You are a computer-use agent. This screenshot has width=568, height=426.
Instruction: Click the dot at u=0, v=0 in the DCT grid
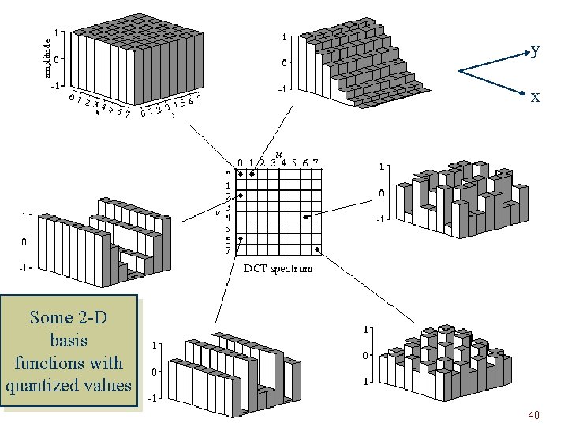coord(241,174)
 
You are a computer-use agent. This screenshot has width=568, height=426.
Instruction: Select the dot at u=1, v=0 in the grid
coord(252,174)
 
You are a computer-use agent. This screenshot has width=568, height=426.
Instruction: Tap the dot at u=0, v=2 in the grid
coord(241,195)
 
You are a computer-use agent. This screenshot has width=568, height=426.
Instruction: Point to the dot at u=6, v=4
coord(305,216)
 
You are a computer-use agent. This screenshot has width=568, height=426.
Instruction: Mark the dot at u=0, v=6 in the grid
coord(241,237)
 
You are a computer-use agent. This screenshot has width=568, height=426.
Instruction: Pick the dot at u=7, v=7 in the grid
coord(316,249)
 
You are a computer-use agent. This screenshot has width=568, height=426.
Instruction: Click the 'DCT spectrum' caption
coord(277,268)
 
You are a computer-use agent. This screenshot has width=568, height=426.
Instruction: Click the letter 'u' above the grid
coord(278,154)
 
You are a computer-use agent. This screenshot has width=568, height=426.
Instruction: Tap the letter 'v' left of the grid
coord(217,211)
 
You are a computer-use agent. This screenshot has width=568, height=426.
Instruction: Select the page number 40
coord(533,415)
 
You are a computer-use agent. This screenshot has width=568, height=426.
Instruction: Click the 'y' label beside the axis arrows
coord(536,50)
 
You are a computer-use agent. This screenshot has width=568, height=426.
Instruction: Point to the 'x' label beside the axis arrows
coord(536,96)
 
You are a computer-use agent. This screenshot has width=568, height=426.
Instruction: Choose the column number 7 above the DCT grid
coord(316,163)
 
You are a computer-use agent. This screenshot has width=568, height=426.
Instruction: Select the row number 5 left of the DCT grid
coord(228,229)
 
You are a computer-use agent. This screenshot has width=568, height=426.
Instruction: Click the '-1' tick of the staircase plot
coord(280,89)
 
